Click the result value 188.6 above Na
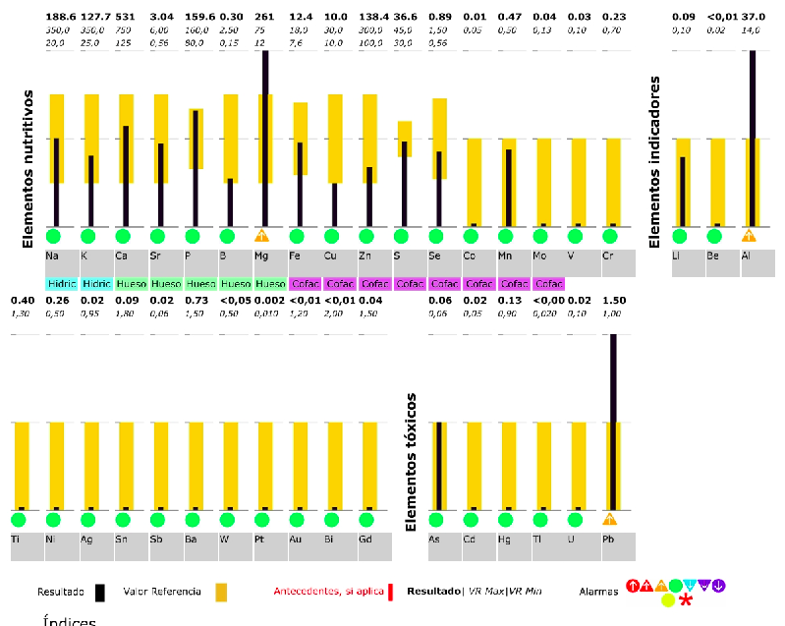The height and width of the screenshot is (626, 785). click(61, 17)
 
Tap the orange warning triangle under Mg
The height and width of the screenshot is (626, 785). click(261, 236)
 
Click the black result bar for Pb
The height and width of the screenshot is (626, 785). click(614, 423)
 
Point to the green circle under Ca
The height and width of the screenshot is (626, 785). click(123, 236)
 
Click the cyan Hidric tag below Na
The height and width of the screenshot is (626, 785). click(61, 283)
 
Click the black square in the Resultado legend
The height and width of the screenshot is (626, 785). click(100, 592)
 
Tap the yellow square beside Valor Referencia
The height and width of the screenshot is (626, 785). click(221, 592)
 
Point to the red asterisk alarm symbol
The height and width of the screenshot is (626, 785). click(686, 599)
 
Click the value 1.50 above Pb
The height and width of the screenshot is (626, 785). click(614, 301)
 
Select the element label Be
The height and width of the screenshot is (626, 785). click(714, 256)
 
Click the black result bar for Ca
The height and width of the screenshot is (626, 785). click(126, 176)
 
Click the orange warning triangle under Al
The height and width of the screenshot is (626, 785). click(749, 236)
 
